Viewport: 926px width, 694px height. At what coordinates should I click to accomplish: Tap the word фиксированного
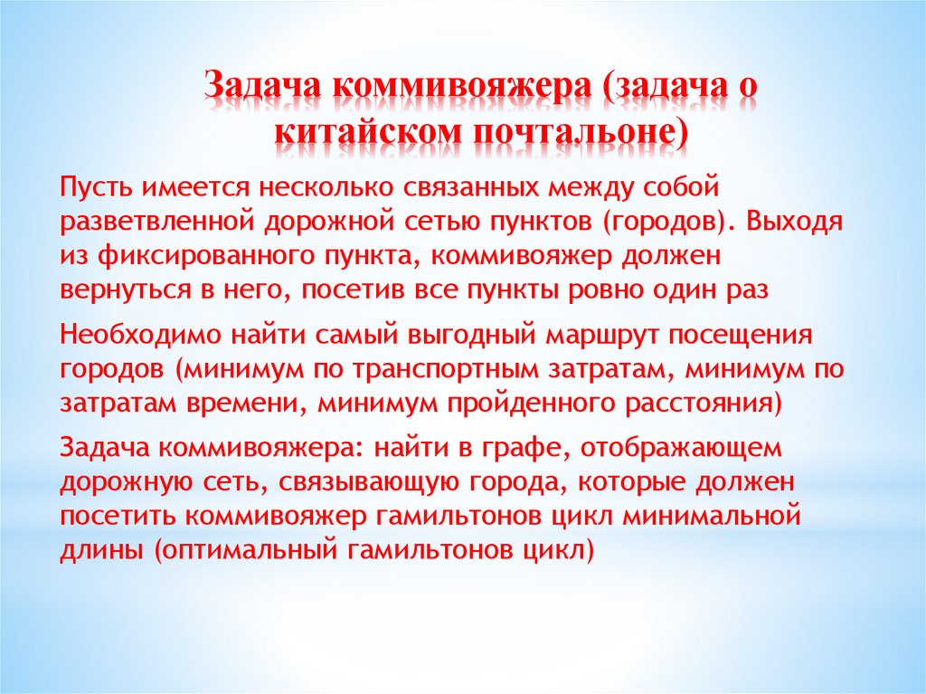pos(190,257)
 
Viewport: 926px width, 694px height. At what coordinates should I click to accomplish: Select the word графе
pos(531,447)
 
